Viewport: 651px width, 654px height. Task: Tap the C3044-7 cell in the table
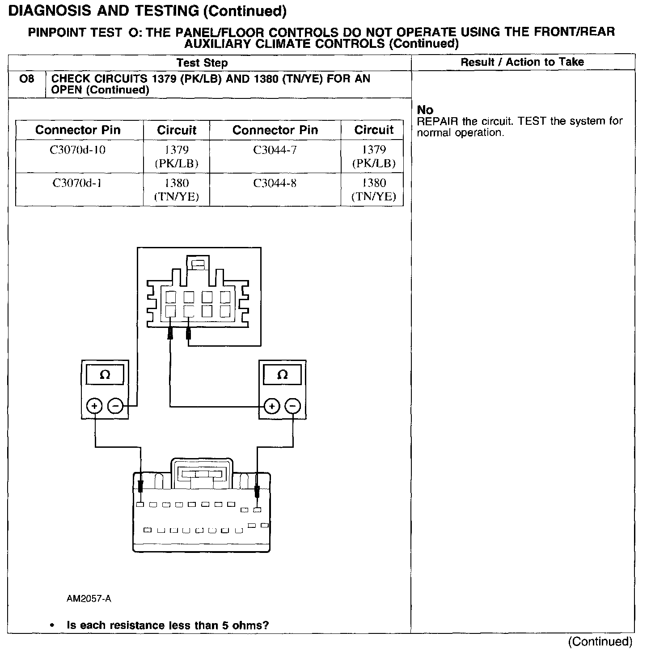pyautogui.click(x=275, y=150)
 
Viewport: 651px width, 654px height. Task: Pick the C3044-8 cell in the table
pyautogui.click(x=275, y=183)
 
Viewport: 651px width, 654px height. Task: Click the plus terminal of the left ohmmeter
pyautogui.click(x=95, y=406)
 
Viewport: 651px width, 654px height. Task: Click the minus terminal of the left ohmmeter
pyautogui.click(x=115, y=406)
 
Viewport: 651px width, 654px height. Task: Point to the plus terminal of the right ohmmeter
pyautogui.click(x=272, y=406)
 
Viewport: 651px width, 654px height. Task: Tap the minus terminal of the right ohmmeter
pyautogui.click(x=293, y=406)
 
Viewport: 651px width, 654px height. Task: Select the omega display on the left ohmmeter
pyautogui.click(x=105, y=375)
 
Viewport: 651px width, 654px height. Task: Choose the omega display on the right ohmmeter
pyautogui.click(x=283, y=375)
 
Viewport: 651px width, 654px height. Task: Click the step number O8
pyautogui.click(x=27, y=79)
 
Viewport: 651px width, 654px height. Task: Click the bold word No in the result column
pyautogui.click(x=425, y=110)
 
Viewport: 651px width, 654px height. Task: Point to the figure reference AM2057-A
pyautogui.click(x=89, y=599)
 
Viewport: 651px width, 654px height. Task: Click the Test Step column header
pyautogui.click(x=202, y=63)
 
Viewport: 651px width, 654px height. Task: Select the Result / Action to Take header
pyautogui.click(x=522, y=62)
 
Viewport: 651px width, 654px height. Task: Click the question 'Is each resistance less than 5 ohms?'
pyautogui.click(x=168, y=625)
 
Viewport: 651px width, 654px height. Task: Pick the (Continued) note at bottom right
pyautogui.click(x=600, y=641)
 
